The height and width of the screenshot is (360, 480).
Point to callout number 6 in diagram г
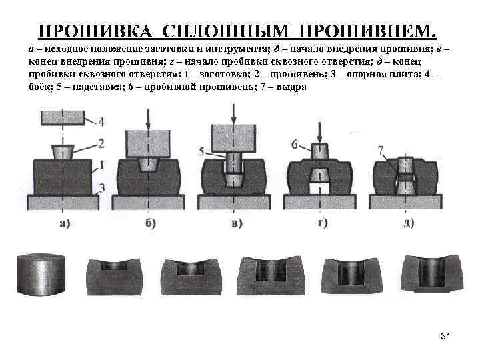295,143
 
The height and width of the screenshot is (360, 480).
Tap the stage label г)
323,223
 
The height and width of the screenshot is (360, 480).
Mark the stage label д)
409,223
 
